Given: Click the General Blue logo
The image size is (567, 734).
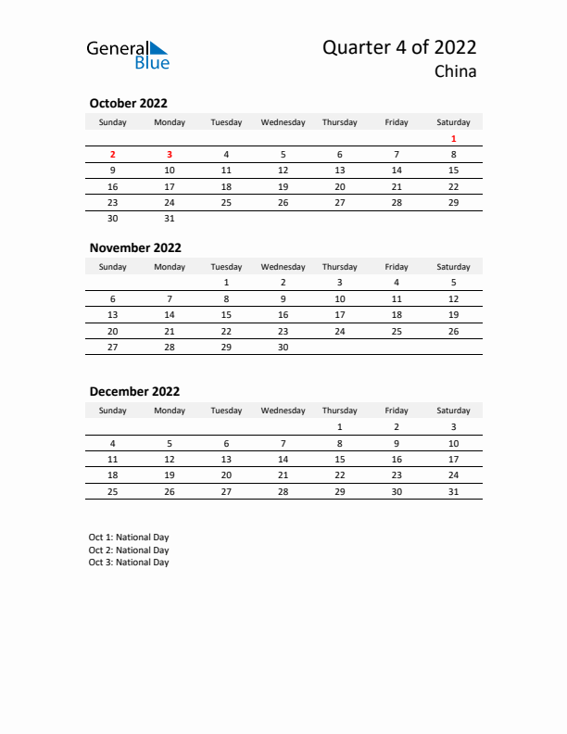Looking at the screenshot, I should pos(128,55).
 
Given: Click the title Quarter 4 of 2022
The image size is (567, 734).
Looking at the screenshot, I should pos(399,48).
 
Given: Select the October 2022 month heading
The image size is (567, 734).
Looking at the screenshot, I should pos(128,104).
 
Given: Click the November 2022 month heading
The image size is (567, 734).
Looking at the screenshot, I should pos(135,247).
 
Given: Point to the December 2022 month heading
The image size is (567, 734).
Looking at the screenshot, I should pos(134,391).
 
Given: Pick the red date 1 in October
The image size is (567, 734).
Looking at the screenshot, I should pos(453,139).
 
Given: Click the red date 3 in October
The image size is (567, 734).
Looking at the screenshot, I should pos(170,155).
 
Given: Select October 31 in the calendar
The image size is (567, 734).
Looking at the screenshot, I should pos(170,219).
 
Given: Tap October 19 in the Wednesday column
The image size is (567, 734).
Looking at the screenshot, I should pos(283,186).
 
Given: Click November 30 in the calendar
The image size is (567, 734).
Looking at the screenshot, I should pos(283,347).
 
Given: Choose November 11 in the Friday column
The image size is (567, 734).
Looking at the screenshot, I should pos(397,298).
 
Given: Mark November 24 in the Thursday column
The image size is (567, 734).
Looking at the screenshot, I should pos(340,331).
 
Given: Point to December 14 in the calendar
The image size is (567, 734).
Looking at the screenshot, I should pos(283,459).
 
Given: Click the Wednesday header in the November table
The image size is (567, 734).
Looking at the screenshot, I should pos(283,267).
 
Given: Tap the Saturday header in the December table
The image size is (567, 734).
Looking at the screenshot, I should pos(453,411).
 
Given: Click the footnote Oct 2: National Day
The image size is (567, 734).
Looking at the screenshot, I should pos(129,550).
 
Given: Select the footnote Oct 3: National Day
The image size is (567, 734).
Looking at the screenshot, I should pos(129,563).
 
